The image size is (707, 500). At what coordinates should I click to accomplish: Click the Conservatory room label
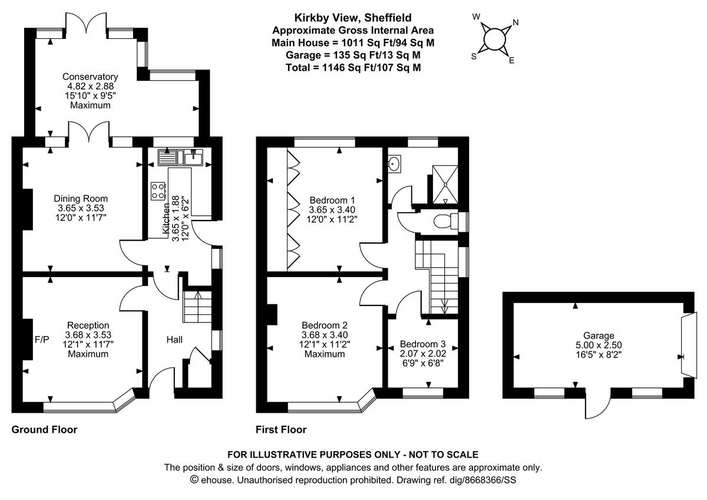90,77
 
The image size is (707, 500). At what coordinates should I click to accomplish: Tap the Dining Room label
81,199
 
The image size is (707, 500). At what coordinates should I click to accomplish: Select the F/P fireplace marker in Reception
42,340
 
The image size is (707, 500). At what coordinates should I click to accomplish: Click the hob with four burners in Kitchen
158,190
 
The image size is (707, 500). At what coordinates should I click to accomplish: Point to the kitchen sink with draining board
180,158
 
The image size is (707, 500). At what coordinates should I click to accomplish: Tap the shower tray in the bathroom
445,183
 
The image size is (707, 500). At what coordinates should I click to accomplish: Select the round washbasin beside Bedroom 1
395,162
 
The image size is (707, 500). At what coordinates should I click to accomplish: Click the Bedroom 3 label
422,344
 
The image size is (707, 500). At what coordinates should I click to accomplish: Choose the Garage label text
599,335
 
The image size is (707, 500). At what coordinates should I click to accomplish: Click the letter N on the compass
516,23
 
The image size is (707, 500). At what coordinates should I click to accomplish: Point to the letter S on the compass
473,57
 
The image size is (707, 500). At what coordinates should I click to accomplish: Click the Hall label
174,340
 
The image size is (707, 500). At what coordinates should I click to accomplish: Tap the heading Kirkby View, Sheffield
353,18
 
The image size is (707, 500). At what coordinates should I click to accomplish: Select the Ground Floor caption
44,430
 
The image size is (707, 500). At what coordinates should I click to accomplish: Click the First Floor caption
281,430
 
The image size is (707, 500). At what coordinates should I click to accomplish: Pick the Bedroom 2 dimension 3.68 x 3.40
324,335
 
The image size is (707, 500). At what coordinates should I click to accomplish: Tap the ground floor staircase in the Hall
195,307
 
